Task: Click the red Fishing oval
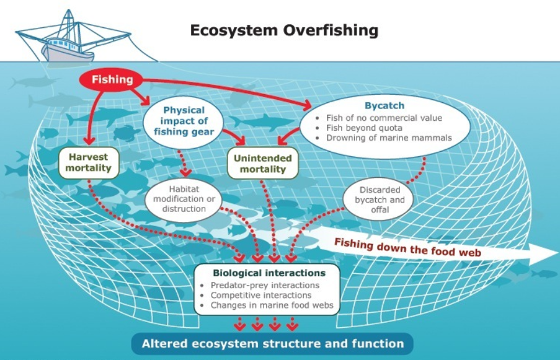coord(111,79)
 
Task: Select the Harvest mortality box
coord(89,163)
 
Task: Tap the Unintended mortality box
coord(263,164)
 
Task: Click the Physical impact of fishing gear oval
coord(184,121)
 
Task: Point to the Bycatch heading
coord(384,105)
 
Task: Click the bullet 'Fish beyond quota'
coord(364,128)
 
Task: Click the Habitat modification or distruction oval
coord(184,199)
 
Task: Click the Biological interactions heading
coord(269,273)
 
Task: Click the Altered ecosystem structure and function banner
coord(272,344)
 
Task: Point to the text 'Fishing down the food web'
coord(407,247)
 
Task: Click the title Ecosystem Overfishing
coord(284,30)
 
